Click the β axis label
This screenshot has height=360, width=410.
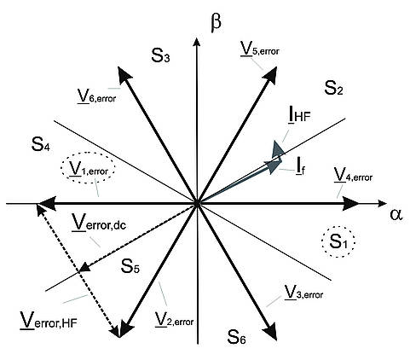[216, 24]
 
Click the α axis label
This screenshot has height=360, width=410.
[396, 215]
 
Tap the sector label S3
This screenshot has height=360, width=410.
[160, 55]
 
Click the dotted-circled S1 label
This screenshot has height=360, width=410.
[338, 242]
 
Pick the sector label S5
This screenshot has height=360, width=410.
[130, 266]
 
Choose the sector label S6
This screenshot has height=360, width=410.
[236, 337]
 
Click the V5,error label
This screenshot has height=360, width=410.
[260, 49]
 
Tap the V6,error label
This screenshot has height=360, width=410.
[96, 96]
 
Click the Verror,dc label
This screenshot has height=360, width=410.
[99, 223]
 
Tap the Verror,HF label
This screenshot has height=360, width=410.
[49, 321]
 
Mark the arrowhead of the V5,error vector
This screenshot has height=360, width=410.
[270, 74]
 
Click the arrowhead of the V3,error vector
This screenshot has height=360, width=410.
[270, 331]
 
